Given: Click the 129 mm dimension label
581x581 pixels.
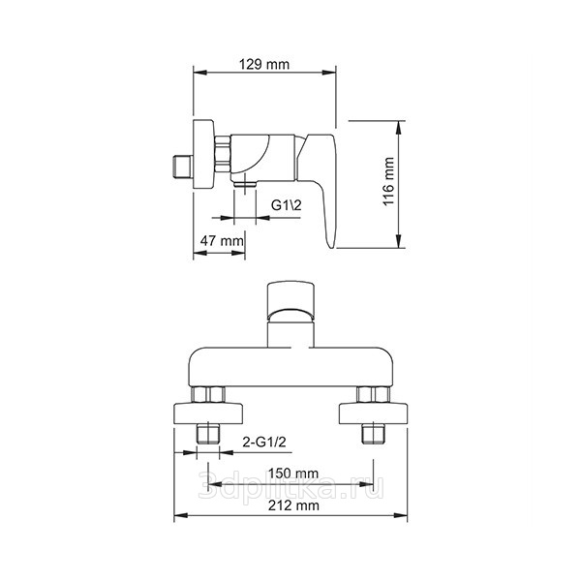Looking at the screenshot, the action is (x=263, y=65).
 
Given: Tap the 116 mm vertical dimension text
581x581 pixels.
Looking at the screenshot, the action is (x=388, y=182).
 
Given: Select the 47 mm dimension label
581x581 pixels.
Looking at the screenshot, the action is (x=222, y=241).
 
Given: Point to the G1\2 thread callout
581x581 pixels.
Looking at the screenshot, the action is (x=286, y=205).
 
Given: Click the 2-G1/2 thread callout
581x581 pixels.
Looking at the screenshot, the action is (x=264, y=442).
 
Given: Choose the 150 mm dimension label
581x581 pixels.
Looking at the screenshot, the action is (x=293, y=474).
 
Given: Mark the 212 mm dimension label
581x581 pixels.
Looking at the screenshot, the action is (x=293, y=505).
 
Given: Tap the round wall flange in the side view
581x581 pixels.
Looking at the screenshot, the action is (x=203, y=154).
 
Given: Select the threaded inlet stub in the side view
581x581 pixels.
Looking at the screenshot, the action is (x=183, y=168).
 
